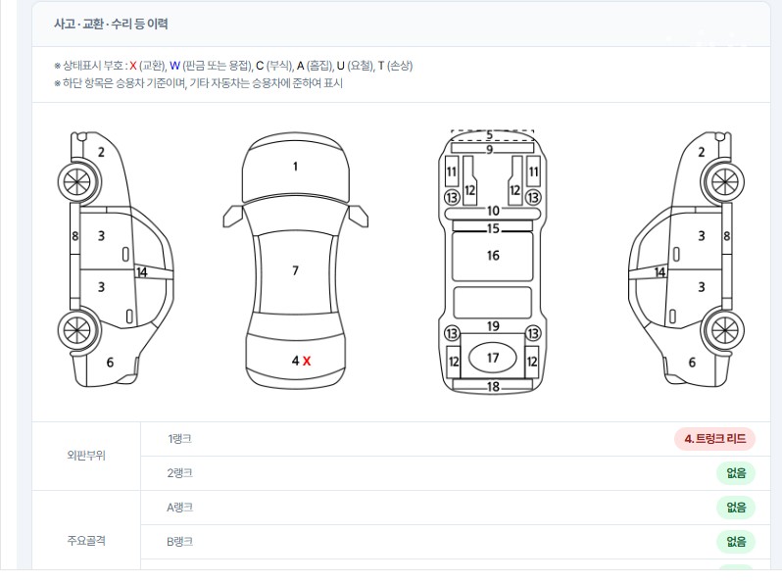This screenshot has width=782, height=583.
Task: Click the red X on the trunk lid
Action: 306,361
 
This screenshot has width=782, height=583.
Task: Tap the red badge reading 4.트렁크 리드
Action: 714,439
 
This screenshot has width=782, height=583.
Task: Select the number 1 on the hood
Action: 295,166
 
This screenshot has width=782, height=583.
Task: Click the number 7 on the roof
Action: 295,270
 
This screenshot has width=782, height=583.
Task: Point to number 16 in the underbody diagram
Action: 493,256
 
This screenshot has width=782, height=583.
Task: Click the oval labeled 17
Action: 493,357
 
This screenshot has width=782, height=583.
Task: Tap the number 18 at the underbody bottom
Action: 493,386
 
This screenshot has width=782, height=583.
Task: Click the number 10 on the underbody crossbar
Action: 493,211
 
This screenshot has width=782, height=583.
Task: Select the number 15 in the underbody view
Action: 493,228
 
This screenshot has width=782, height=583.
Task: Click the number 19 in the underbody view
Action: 493,326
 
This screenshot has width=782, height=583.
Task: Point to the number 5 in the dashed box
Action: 489,134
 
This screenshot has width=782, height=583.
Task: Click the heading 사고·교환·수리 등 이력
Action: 111,24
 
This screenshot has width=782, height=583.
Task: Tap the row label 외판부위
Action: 86,456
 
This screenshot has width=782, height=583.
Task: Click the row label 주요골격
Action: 86,541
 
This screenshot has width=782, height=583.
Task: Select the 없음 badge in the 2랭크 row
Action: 736,473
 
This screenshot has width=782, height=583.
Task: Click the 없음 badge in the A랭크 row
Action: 736,508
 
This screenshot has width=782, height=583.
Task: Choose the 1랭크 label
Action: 179,439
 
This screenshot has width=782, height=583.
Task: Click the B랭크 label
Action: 179,542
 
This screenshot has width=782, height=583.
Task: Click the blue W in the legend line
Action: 174,66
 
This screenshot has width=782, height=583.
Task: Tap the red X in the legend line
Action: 132,66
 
